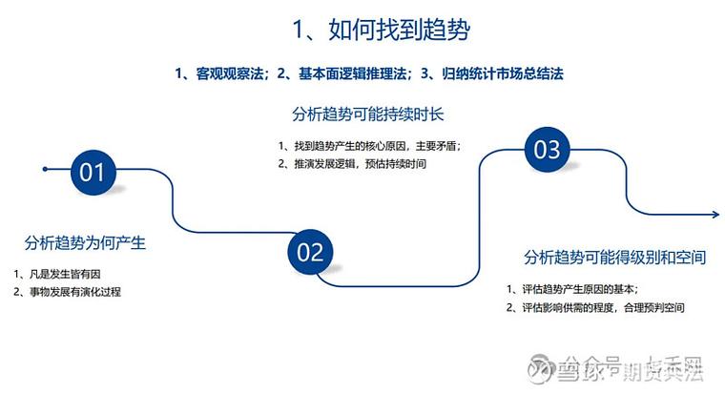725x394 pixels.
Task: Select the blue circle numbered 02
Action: (x=311, y=252)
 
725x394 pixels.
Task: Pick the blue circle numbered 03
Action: (x=546, y=150)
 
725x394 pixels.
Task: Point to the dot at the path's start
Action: (x=45, y=170)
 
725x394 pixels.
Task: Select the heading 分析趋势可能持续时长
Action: (x=368, y=114)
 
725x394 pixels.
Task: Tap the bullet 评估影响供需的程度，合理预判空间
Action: (x=599, y=307)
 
